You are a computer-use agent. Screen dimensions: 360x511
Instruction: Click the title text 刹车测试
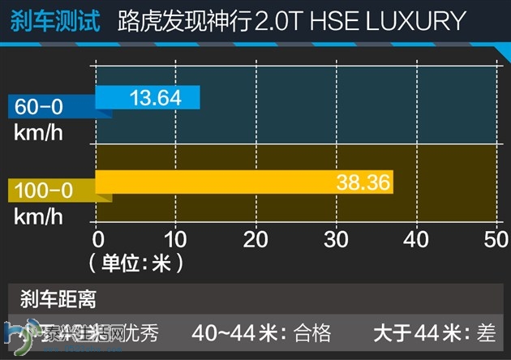pyautogui.click(x=55, y=20)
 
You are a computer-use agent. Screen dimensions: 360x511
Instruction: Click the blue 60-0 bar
pyautogui.click(x=147, y=97)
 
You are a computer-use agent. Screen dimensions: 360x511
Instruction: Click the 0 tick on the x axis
pyautogui.click(x=98, y=239)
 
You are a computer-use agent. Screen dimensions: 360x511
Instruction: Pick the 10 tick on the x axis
pyautogui.click(x=177, y=239)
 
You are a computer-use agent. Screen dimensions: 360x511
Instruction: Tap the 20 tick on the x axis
pyautogui.click(x=256, y=239)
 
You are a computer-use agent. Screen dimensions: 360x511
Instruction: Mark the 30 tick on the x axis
pyautogui.click(x=336, y=239)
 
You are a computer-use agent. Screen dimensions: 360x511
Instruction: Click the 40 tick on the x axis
pyautogui.click(x=415, y=239)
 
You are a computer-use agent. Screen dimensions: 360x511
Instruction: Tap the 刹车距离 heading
pyautogui.click(x=58, y=299)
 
